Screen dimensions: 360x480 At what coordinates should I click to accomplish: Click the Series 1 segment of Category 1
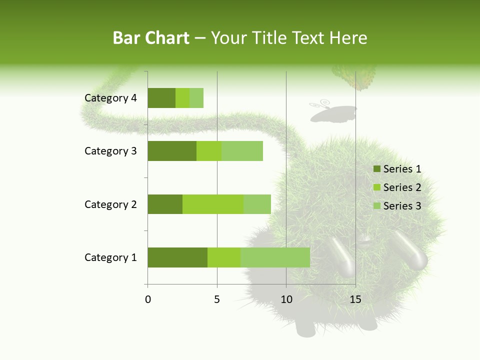coord(177,257)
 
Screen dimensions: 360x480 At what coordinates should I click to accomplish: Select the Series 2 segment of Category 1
coord(224,257)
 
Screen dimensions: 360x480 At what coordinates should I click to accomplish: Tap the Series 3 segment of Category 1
coord(275,257)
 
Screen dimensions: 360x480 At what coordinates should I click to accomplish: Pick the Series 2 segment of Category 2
coord(213,204)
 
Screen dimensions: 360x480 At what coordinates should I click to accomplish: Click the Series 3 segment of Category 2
coord(257,204)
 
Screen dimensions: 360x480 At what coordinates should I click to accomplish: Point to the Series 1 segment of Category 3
coord(171,151)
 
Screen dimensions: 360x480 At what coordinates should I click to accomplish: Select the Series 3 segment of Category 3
coord(242,151)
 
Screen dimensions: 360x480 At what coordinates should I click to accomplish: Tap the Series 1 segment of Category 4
coord(161,98)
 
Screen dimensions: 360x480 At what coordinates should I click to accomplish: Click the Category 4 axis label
coord(110,98)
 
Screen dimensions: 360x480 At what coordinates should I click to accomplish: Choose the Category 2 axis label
coord(110,204)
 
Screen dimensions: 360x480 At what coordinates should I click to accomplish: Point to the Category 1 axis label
coord(110,257)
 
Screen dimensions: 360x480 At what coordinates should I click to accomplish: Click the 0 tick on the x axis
coord(148,299)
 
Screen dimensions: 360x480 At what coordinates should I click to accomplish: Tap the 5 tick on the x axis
coord(217,299)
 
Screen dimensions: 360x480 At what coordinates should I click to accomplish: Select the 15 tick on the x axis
coord(355,299)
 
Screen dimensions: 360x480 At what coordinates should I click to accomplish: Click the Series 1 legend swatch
coord(376,169)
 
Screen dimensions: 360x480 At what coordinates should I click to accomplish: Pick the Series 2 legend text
coord(402,187)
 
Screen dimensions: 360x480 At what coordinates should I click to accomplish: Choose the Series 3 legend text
coord(402,206)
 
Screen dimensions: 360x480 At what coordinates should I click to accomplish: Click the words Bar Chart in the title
coord(151,38)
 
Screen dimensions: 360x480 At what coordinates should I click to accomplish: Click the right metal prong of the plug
coord(409,250)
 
